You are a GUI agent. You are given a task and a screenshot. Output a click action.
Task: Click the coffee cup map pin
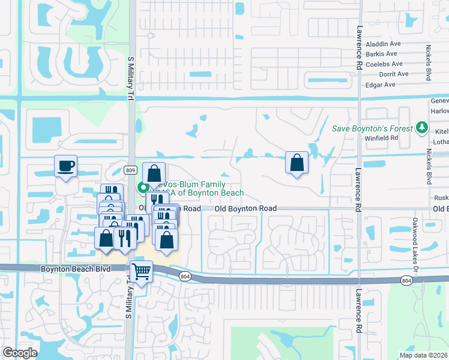pyautogui.click(x=65, y=166)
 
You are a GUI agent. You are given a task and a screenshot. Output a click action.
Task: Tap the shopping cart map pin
pyautogui.click(x=141, y=271)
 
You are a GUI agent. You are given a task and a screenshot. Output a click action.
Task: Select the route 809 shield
pyautogui.click(x=131, y=170)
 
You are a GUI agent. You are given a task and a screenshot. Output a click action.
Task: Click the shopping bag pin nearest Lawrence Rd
pyautogui.click(x=297, y=162)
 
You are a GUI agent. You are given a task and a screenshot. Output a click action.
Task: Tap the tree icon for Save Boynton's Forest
pyautogui.click(x=421, y=128)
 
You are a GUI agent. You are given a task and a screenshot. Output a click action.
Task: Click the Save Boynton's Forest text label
pyautogui.click(x=373, y=128)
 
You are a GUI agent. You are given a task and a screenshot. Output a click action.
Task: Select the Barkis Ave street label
pyautogui.click(x=382, y=54)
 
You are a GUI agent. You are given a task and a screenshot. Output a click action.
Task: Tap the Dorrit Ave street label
pyautogui.click(x=393, y=74)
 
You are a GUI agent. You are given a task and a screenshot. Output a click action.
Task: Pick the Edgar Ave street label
pyautogui.click(x=381, y=85)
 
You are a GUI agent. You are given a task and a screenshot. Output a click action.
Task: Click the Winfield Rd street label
pyautogui.click(x=381, y=138)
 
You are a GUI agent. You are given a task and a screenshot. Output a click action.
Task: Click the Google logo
pyautogui.click(x=19, y=352)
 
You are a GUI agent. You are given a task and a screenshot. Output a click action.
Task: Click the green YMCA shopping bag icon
pyautogui.click(x=143, y=188)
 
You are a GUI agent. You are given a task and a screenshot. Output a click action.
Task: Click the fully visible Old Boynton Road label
pyautogui.click(x=246, y=208)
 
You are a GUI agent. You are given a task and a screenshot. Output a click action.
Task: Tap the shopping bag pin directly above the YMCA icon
pyautogui.click(x=154, y=173)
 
